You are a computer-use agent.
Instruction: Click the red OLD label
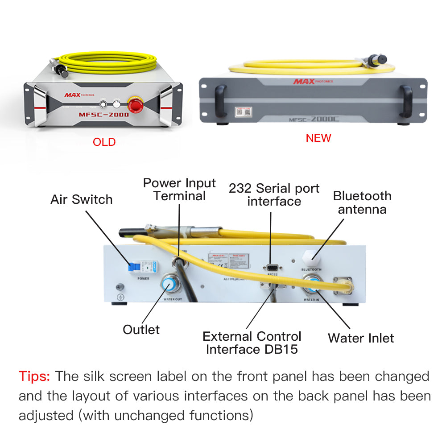tap(104, 142)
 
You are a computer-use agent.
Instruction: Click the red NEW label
tap(318, 138)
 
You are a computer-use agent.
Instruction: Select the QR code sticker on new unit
tap(242, 110)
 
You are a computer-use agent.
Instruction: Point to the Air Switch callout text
tap(81, 199)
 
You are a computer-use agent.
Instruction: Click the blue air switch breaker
tap(133, 267)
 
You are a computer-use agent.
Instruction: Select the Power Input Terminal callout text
tap(179, 190)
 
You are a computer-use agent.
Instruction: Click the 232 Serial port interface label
tap(274, 195)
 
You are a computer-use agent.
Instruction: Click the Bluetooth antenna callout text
tap(362, 202)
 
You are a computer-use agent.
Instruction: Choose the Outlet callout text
tap(141, 330)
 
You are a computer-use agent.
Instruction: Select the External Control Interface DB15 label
tap(252, 343)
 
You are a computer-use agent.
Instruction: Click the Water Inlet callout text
tap(361, 338)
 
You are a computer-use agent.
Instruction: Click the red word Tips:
tap(34, 376)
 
